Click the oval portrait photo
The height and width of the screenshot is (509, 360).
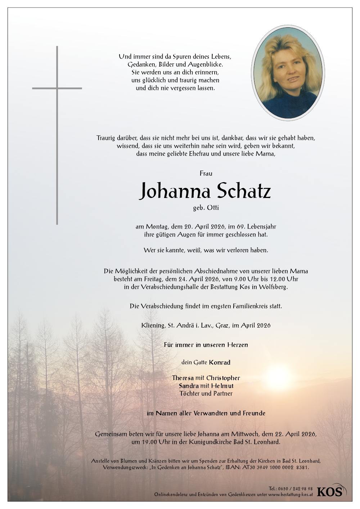click(288, 72)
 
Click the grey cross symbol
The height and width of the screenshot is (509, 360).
click(57, 135)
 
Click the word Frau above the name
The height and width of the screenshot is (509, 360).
click(206, 174)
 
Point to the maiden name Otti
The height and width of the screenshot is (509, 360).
click(212, 208)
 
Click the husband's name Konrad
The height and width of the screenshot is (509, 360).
click(220, 362)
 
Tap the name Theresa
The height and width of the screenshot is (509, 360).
click(183, 378)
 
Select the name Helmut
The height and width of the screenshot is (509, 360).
click(222, 386)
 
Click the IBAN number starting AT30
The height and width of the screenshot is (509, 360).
click(278, 468)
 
